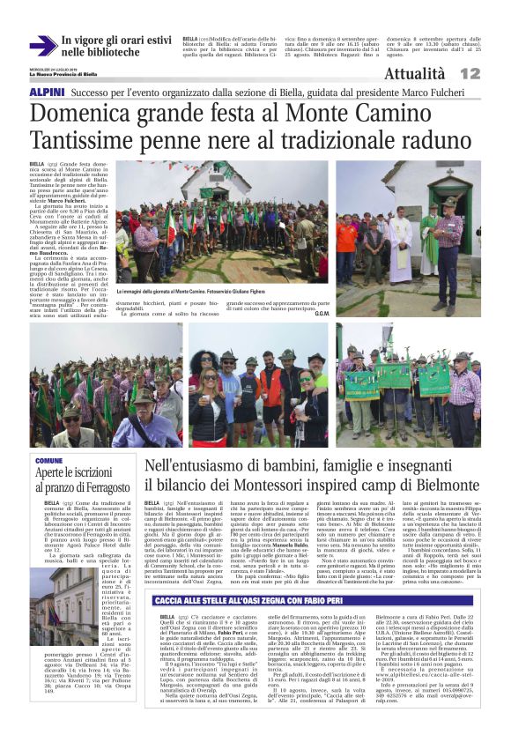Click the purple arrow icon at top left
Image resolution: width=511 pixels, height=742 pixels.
click(41, 46)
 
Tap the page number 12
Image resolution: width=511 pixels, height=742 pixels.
click(493, 73)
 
